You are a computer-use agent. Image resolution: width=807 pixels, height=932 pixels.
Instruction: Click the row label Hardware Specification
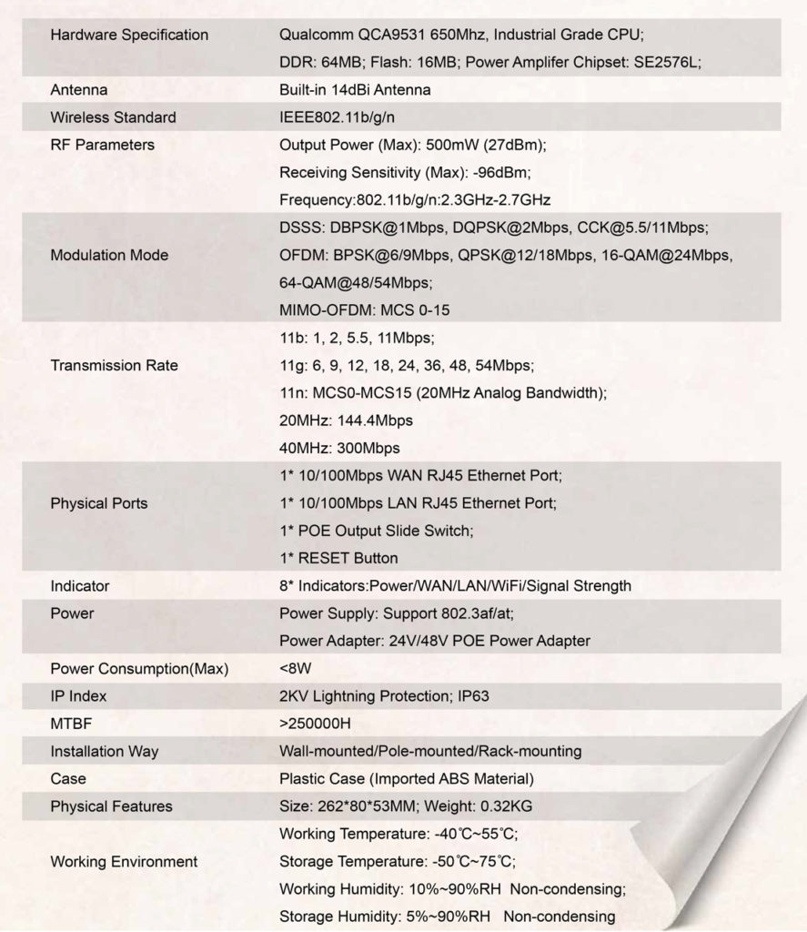coord(129,35)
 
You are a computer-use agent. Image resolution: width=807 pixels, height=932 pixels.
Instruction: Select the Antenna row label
coord(79,90)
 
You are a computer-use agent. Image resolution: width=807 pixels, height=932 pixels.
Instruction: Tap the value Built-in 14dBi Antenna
coord(355,90)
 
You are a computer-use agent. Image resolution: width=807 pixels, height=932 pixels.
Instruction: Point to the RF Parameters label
coord(102,145)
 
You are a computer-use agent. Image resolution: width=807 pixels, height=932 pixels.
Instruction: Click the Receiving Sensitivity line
coord(405,172)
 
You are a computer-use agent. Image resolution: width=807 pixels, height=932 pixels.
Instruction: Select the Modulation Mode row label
coord(109,255)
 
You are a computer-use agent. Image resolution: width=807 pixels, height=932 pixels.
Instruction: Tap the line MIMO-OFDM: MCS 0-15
coord(364,310)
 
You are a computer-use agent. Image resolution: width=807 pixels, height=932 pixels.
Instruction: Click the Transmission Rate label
coord(114,366)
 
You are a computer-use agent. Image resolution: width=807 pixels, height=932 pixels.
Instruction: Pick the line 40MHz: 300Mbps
coord(339,448)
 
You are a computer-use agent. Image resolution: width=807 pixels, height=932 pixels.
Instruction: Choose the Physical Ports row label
coord(98,503)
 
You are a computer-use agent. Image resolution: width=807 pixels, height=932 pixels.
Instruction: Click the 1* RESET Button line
coord(338,558)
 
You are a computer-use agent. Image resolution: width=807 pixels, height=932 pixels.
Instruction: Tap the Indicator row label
coord(80,586)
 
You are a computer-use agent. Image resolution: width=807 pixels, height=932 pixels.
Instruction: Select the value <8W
coord(296,669)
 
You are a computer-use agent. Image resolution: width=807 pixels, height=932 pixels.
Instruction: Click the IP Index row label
coord(78,696)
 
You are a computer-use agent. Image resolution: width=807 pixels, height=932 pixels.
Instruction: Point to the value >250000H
coord(316,724)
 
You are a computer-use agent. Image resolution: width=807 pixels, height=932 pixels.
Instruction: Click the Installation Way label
coord(104,752)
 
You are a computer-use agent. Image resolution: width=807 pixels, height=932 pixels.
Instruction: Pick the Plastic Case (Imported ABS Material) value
coord(407,779)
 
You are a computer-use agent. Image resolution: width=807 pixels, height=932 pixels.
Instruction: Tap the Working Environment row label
coord(124,861)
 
